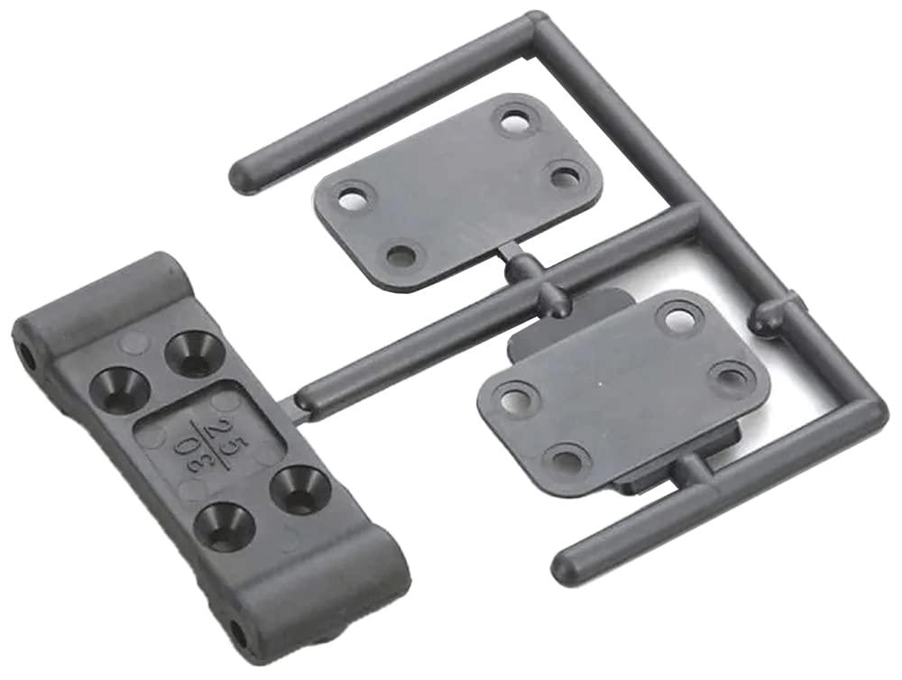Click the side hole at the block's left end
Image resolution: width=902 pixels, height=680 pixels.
click(27, 357)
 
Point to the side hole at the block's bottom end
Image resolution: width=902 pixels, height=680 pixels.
click(238, 630)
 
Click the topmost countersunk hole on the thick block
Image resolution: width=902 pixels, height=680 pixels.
click(191, 351)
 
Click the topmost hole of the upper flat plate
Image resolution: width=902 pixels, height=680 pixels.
click(515, 121)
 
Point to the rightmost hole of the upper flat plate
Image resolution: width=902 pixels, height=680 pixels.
click(566, 175)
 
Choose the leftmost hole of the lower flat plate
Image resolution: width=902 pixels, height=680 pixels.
click(515, 397)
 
